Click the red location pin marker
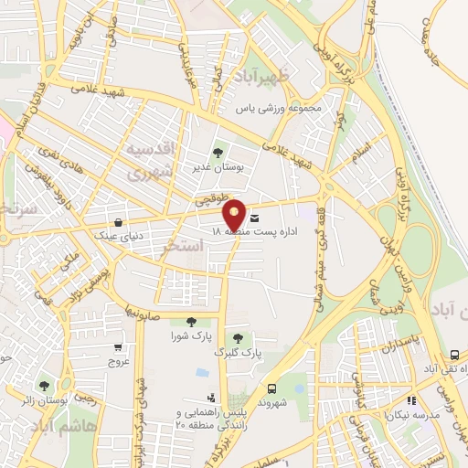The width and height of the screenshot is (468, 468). [x=235, y=214]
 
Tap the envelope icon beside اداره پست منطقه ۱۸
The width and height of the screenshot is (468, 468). [x=253, y=218]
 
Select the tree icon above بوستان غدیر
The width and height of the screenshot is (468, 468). [x=217, y=153]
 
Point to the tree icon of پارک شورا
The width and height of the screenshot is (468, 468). [x=191, y=320]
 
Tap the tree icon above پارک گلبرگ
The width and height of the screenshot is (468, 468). [x=238, y=338]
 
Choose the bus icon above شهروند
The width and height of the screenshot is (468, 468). [x=271, y=388]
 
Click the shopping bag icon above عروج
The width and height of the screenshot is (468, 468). [x=118, y=346]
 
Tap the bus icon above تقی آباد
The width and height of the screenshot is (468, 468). [x=454, y=355]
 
